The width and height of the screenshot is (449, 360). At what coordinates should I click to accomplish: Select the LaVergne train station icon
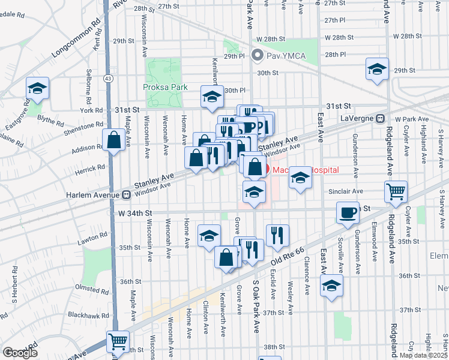click(379, 119)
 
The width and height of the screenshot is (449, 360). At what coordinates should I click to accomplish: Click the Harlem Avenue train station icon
click(126, 194)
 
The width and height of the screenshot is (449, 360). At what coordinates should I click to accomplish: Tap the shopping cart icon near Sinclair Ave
click(396, 191)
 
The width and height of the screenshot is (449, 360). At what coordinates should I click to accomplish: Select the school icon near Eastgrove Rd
click(37, 89)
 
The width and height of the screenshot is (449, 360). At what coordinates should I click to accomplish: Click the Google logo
click(20, 353)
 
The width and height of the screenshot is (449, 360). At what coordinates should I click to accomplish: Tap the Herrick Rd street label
click(91, 167)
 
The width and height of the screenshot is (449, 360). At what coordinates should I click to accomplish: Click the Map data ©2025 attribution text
click(423, 355)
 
